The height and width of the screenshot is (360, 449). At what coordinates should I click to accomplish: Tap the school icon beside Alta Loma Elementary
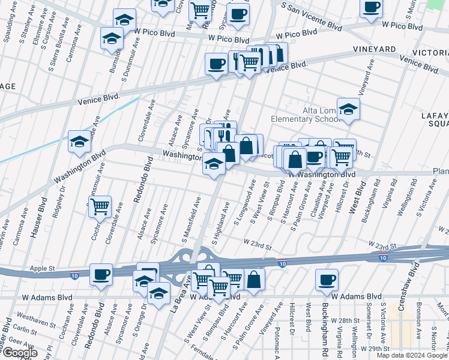348,110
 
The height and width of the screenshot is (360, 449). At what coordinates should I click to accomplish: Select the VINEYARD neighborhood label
374,49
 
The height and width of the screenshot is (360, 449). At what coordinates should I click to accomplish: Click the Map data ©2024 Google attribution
412,355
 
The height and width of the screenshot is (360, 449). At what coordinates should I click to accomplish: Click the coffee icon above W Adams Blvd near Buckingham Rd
327,280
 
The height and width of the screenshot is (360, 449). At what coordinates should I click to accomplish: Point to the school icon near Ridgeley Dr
80,142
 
